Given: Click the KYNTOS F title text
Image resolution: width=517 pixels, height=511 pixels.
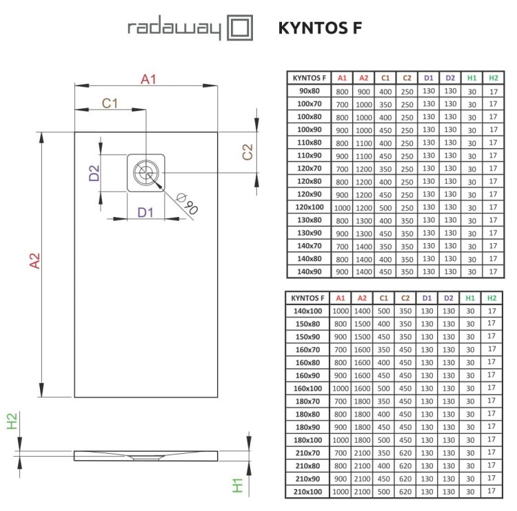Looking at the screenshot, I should tap(319, 28).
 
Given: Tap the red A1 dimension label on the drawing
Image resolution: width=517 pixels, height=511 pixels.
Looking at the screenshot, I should tap(148, 79).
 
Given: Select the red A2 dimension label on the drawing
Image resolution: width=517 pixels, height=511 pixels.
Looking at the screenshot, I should tap(34, 261).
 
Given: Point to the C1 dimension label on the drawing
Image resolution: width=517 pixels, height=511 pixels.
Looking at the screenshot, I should tap(110, 103).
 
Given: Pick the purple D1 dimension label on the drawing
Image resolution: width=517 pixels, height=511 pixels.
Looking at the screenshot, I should tap(145, 212).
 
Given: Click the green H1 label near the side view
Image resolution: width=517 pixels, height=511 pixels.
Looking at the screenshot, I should tap(238, 485).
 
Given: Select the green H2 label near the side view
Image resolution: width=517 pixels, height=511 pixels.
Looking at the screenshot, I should tap(12, 421).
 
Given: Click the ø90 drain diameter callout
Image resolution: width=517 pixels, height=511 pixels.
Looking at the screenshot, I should tap(187, 204).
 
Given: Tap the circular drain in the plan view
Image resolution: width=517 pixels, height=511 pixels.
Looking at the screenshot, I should tap(145, 172).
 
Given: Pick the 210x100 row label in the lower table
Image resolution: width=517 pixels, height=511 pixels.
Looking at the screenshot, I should tap(308, 492).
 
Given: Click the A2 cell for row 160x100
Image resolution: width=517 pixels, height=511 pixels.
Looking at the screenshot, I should tap(363, 388).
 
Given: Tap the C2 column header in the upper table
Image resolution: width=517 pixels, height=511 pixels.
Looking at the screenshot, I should tap(407, 78).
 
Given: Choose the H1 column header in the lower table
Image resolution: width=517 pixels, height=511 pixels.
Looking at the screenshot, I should tap(469, 298).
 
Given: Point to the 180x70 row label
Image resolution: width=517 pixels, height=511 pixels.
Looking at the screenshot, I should tap(308, 401).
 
